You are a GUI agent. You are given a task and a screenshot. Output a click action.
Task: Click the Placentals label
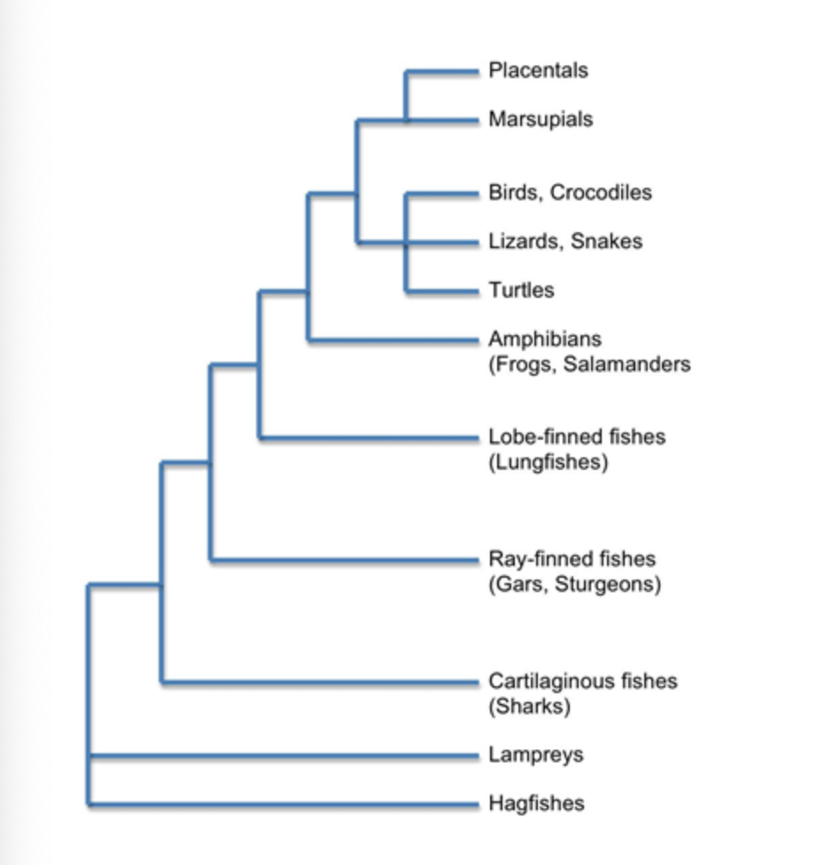click(538, 70)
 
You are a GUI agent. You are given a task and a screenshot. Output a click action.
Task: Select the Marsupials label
click(541, 119)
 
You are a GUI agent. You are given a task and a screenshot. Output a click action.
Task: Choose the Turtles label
click(521, 290)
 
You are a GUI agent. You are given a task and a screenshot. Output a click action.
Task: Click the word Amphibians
click(544, 339)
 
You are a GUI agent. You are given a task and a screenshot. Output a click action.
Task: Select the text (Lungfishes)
click(549, 462)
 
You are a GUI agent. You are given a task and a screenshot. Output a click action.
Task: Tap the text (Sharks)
click(530, 707)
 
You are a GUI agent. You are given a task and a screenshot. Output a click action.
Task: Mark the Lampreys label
click(536, 755)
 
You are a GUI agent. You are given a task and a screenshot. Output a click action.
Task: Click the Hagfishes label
click(536, 804)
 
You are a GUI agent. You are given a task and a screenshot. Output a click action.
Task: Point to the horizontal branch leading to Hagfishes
click(284, 804)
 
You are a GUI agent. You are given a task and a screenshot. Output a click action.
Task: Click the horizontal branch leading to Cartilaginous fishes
click(319, 682)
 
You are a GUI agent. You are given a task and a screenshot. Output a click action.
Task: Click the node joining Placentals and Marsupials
click(406, 119)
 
